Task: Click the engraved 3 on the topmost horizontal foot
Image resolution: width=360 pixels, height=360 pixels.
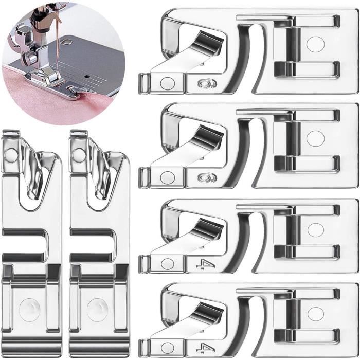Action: [x=206, y=82]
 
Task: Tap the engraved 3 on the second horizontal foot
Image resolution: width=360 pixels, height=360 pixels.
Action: [x=206, y=177]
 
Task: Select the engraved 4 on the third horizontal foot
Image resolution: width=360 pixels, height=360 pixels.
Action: [x=205, y=264]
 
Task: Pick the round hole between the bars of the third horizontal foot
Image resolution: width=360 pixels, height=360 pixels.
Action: [x=315, y=230]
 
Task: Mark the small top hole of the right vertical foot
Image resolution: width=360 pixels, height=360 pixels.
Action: [x=79, y=154]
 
